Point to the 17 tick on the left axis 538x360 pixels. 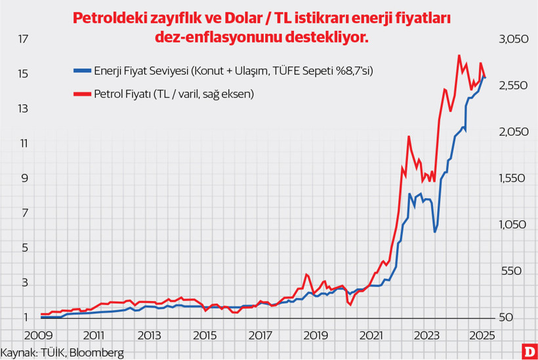click(x=24, y=39)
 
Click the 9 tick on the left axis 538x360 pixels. click(x=24, y=178)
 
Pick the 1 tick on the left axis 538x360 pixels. click(x=24, y=318)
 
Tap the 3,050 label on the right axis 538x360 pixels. click(x=514, y=40)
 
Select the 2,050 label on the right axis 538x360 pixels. click(x=514, y=132)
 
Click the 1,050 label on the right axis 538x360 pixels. click(x=514, y=225)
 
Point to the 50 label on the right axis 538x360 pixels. click(x=506, y=318)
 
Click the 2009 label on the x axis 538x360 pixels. click(x=39, y=335)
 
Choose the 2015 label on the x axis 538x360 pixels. click(x=205, y=335)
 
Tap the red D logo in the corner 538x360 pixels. click(x=528, y=351)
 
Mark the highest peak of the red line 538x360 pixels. click(x=459, y=56)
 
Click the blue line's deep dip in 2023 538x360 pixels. click(x=435, y=231)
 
